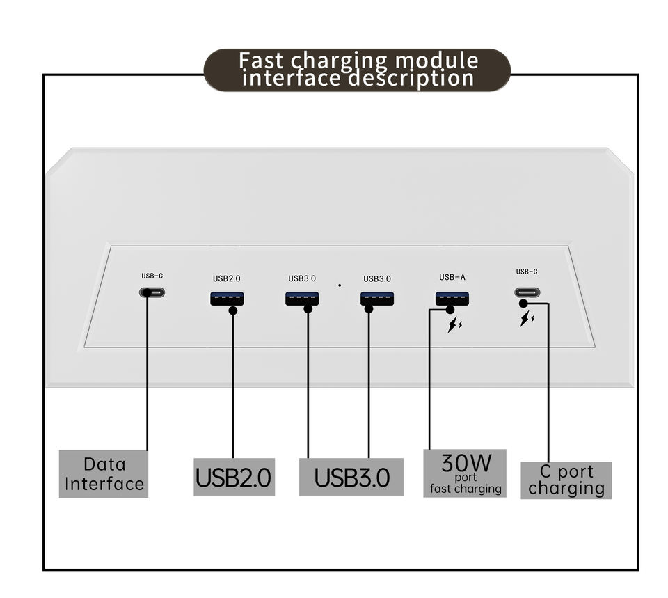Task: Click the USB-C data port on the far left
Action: (152, 292)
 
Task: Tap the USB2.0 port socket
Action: (227, 299)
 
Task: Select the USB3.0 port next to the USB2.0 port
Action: (302, 299)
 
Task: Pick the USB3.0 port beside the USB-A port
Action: (377, 299)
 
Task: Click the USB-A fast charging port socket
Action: (452, 299)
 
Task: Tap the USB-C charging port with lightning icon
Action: (527, 292)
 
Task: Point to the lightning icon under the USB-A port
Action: (454, 325)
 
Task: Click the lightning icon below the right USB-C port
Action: (527, 319)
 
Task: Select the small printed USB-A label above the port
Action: (452, 277)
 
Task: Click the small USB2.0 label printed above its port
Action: (227, 278)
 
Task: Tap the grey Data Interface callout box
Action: (104, 473)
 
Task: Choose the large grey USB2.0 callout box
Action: (234, 477)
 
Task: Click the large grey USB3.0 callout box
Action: (351, 477)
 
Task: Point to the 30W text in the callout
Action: (466, 463)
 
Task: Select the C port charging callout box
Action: (566, 480)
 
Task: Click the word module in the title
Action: (436, 61)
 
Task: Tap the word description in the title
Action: (411, 79)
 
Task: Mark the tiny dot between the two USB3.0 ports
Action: (340, 285)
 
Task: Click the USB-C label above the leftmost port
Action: (152, 276)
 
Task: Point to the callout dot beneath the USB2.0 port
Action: (233, 310)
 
